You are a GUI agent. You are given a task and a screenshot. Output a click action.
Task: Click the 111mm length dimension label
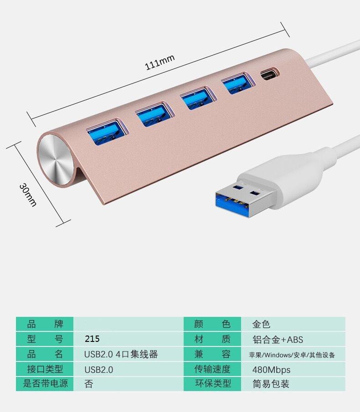(x=159, y=62)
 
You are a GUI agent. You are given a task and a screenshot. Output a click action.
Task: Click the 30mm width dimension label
(x=28, y=195)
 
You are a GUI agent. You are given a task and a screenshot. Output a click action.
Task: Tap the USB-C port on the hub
(x=270, y=74)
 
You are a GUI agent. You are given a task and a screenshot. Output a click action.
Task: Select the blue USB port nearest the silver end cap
(x=107, y=132)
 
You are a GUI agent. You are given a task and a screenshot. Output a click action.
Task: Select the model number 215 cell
(x=129, y=339)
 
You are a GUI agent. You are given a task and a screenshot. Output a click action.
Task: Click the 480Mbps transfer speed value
(x=272, y=370)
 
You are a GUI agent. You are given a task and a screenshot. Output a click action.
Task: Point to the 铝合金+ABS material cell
(x=293, y=339)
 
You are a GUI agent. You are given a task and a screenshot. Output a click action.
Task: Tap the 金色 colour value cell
(x=293, y=324)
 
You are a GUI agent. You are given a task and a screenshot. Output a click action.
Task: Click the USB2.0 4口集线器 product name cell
(x=129, y=354)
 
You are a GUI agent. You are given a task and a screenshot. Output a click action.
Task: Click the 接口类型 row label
(x=45, y=369)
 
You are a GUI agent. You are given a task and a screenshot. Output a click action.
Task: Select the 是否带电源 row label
(x=45, y=383)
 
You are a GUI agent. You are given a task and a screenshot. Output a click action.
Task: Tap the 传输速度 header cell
(x=212, y=369)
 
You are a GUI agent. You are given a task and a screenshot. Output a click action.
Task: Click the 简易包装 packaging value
(x=271, y=384)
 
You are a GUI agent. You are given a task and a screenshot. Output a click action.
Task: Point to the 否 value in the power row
(x=89, y=384)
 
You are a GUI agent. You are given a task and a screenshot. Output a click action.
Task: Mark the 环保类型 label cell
(x=212, y=384)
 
